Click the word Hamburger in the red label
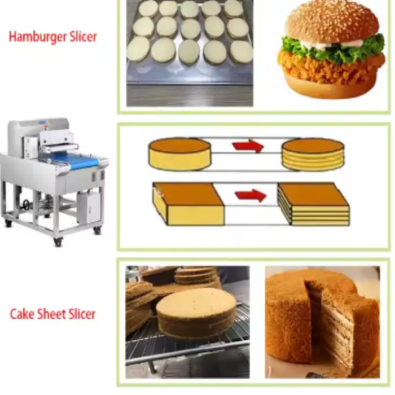[38, 37]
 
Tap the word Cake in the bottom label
[22, 314]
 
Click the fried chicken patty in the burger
[330, 67]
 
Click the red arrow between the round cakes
[248, 146]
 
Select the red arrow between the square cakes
[251, 195]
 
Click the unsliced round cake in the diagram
[179, 154]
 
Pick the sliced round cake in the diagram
[313, 155]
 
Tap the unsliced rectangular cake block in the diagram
[188, 204]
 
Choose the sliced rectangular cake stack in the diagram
[313, 204]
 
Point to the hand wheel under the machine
[27, 204]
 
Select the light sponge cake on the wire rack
[196, 313]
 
